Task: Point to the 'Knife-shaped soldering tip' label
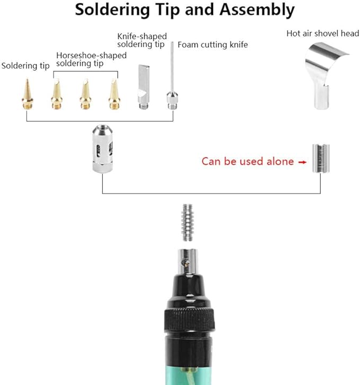142,40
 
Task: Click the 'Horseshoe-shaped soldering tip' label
91,59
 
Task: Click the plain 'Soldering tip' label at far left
25,66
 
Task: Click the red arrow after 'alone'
302,162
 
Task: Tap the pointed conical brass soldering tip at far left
27,94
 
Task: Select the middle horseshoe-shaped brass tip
85,94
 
